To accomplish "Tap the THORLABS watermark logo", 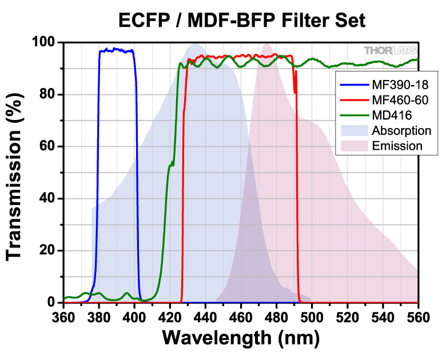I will pyautogui.click(x=391, y=50).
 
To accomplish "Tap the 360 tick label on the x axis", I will pyautogui.click(x=63, y=315).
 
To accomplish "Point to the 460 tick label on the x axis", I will pyautogui.click(x=241, y=315).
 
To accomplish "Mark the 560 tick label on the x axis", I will pyautogui.click(x=418, y=315).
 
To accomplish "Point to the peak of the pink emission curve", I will pyautogui.click(x=266, y=43).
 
